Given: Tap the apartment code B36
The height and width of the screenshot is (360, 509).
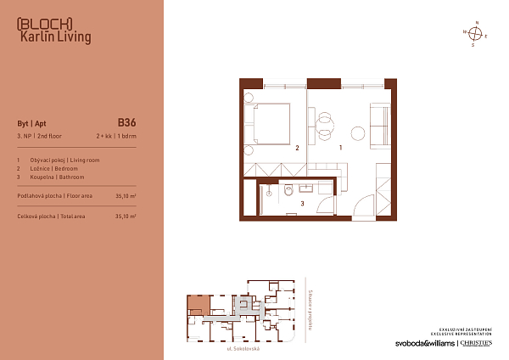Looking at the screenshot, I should click(x=126, y=122).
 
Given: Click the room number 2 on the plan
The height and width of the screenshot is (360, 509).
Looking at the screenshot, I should click(x=297, y=148).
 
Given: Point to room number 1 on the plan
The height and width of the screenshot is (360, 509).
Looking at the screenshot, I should click(x=341, y=148).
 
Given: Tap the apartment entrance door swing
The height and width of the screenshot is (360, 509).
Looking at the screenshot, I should click(x=363, y=205).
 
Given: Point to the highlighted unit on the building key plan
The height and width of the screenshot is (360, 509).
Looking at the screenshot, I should click(x=198, y=303).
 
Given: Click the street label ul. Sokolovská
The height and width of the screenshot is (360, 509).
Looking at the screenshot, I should click(x=243, y=349).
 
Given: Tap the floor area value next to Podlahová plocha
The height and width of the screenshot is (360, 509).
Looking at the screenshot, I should click(x=126, y=195).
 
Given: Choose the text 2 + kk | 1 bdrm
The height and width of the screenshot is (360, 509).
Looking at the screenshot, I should click(x=116, y=136).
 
